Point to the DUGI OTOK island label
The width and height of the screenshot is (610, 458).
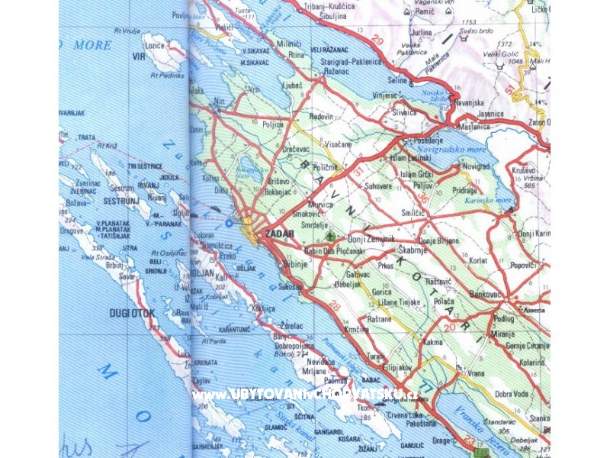click(132, 313)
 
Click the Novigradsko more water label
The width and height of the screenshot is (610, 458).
click(457, 150)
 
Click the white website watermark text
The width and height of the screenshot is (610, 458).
click(305, 395)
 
